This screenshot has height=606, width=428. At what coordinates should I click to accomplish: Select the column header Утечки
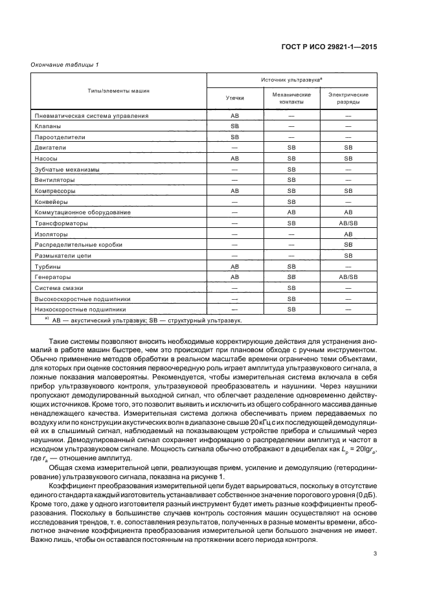point(234,98)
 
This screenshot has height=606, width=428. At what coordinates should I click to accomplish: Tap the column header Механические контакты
point(291,98)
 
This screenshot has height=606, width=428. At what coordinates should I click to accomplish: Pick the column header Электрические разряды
point(348,98)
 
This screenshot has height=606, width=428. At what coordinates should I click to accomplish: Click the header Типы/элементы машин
point(119,91)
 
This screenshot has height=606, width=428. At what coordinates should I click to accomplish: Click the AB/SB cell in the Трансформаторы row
point(348,223)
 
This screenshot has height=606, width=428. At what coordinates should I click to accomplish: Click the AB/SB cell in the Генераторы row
point(348,277)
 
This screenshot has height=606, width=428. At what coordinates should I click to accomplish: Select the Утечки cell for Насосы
point(234,159)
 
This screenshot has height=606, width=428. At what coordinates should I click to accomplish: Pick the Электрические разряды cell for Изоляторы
point(348,234)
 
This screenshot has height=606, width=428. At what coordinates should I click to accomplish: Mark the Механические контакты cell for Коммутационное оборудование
point(291,212)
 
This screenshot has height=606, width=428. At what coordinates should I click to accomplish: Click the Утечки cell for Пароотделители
point(234,137)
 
